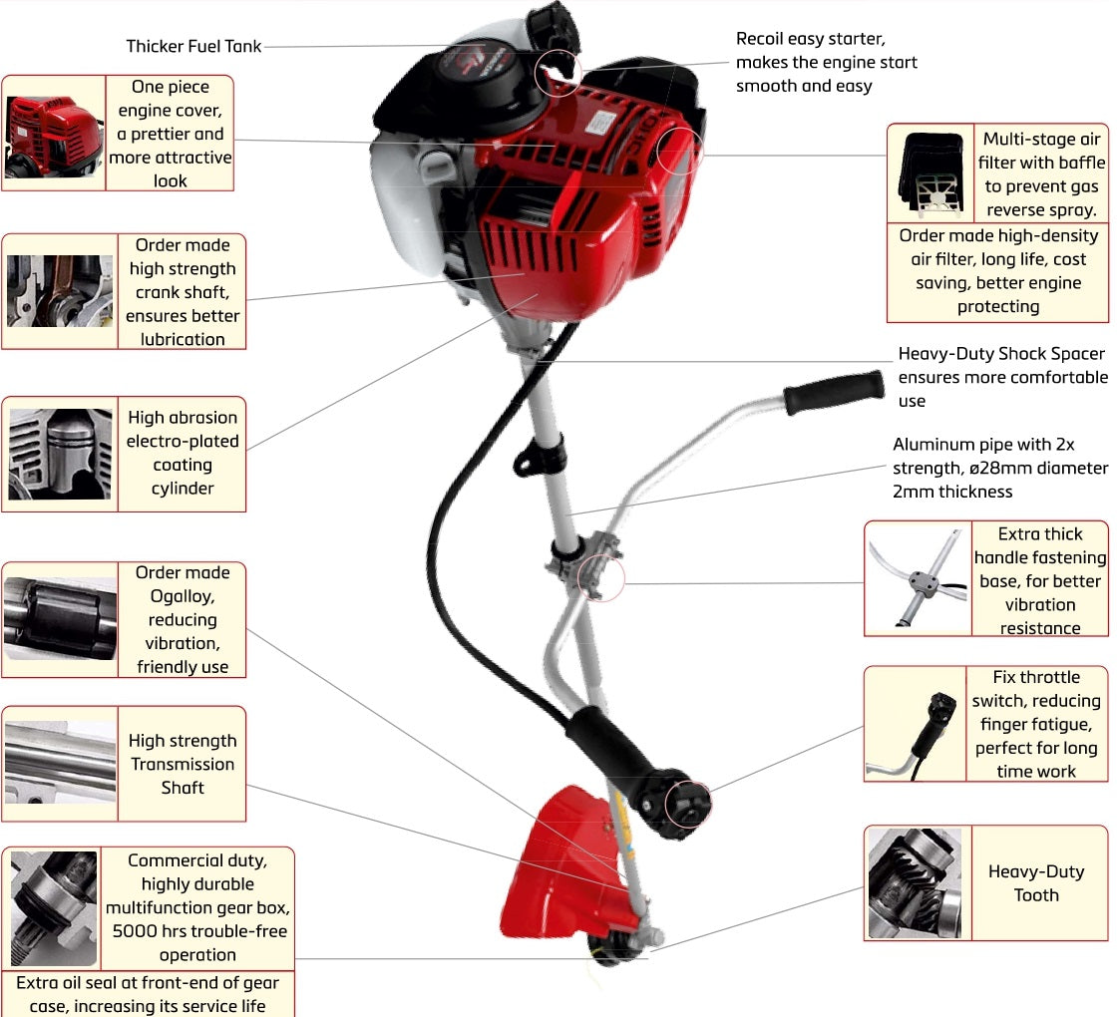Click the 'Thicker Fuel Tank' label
pos(194,46)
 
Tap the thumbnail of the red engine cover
pos(54,134)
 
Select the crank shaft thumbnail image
pos(60,291)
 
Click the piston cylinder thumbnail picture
pos(60,454)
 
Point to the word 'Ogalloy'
pos(183,595)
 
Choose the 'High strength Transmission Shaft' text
pos(183,764)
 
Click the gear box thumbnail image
pos(54,907)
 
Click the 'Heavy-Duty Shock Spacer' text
pos(1001,354)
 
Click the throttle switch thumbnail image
pos(916,724)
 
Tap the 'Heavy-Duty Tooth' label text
pos(1036,882)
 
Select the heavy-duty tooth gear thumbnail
pos(915,883)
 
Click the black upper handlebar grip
pos(834,392)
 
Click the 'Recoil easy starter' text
pos(810,39)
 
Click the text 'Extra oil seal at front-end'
pos(148,983)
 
